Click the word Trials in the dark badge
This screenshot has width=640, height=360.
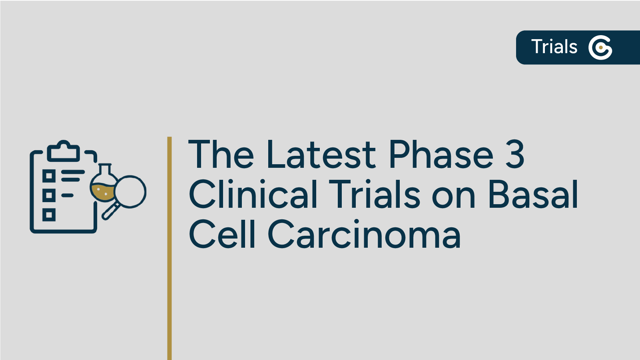[554, 47]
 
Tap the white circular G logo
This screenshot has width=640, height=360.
[600, 48]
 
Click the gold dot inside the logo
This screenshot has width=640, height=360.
[601, 48]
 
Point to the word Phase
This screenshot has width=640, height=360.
[441, 155]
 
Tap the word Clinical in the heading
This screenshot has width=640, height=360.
[253, 195]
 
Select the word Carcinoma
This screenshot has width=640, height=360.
[364, 235]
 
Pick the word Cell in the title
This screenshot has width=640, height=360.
[222, 235]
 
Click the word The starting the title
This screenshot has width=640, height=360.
[221, 155]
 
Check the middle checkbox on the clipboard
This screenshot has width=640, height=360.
[49, 195]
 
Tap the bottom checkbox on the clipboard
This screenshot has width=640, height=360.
[49, 215]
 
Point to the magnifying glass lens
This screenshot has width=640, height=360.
[130, 191]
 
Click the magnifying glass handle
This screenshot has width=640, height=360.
[110, 211]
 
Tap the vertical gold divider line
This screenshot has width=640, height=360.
[169, 248]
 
